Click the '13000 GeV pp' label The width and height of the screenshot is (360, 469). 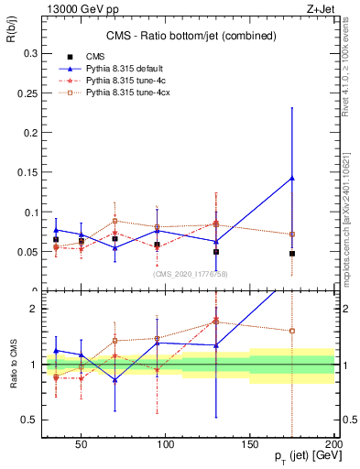coord(72,7)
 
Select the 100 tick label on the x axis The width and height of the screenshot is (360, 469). coord(166,444)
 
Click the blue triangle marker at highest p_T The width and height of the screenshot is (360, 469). coord(291,178)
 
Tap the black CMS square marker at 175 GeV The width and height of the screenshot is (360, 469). coord(291,254)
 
